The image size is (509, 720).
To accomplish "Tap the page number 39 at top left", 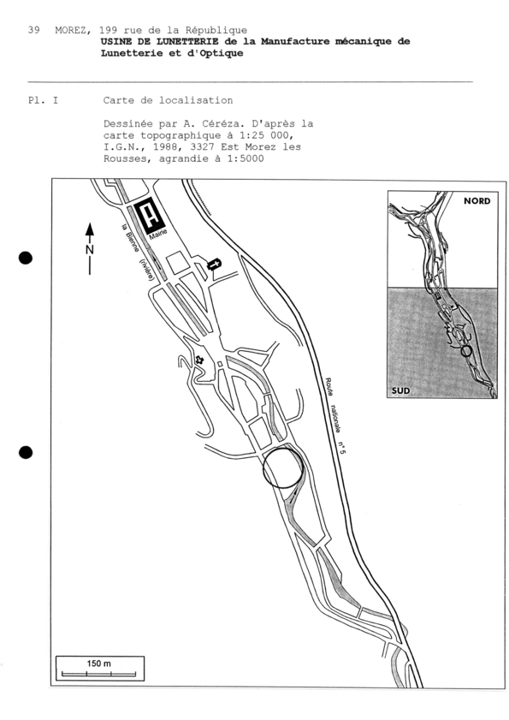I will (33, 30).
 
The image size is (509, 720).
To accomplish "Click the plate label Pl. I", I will (43, 100).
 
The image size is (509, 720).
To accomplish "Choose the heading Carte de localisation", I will (168, 100).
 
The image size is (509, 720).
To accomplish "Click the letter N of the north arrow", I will (90, 249).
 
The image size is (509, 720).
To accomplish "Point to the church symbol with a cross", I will (214, 265).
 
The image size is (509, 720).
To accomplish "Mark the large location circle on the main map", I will (282, 467).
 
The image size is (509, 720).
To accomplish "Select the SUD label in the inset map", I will (401, 390).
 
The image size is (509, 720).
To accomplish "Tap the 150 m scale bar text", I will (98, 663).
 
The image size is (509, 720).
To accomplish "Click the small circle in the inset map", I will (465, 350).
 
